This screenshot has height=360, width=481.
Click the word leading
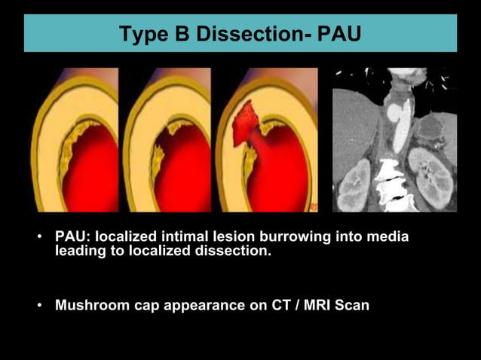tap(79, 252)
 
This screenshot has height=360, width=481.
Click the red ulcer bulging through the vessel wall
tap(245, 124)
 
